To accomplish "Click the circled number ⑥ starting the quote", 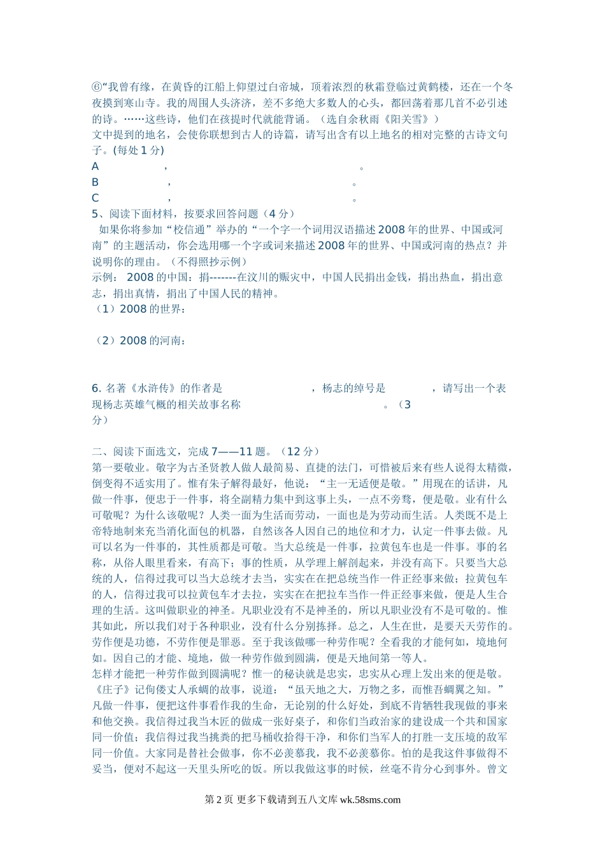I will (97, 87).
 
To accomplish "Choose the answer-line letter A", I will (96, 167).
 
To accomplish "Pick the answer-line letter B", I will (96, 182).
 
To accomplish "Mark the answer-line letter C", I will (96, 198).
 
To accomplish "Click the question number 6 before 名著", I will (96, 389).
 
